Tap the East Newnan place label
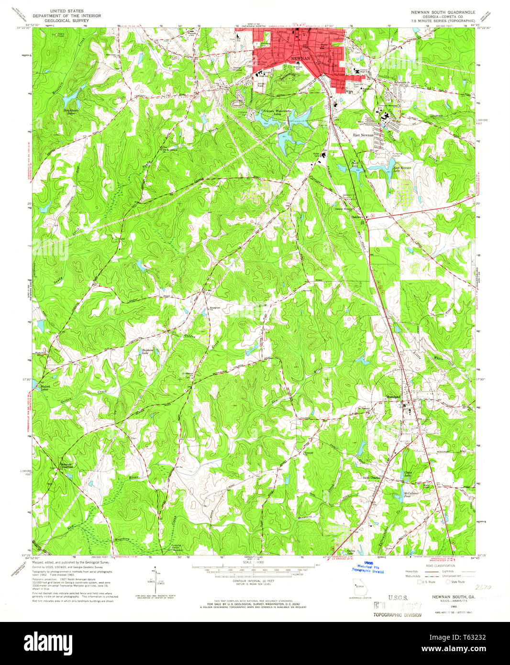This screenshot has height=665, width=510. tap(363, 135)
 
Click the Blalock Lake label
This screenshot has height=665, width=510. tap(44, 388)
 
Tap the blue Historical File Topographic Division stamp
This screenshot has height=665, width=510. tap(367, 567)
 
